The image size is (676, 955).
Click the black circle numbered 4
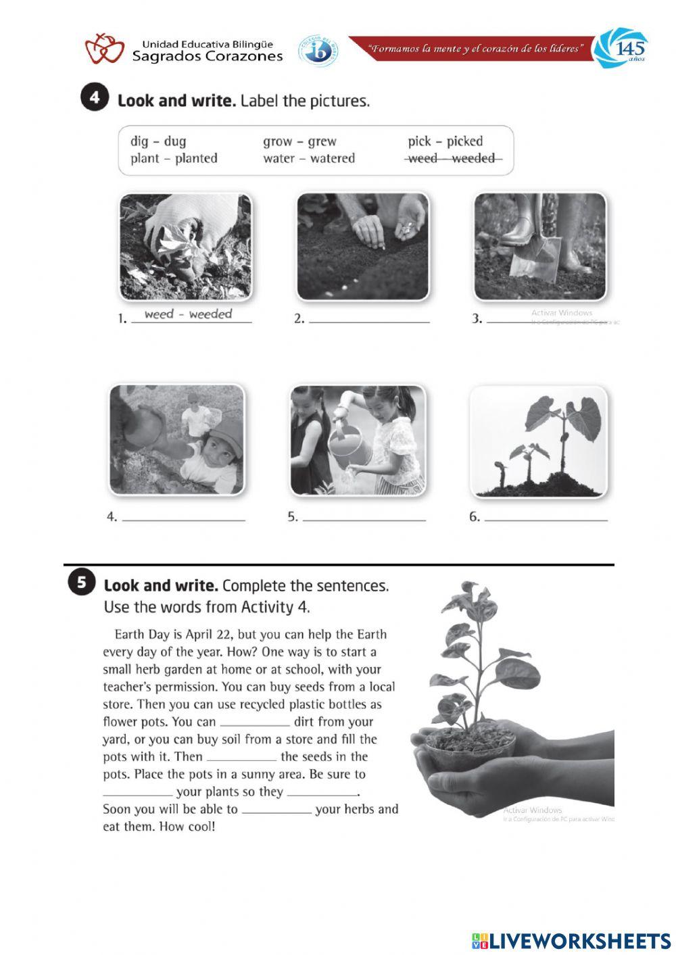pyautogui.click(x=95, y=98)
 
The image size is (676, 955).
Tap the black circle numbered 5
pyautogui.click(x=81, y=583)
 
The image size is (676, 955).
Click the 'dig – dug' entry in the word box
pyautogui.click(x=158, y=141)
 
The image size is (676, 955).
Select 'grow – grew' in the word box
pyautogui.click(x=299, y=141)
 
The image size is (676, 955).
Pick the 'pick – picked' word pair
pyautogui.click(x=445, y=141)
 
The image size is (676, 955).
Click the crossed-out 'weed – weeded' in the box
pyautogui.click(x=453, y=158)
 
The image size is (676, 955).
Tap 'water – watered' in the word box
pyautogui.click(x=309, y=158)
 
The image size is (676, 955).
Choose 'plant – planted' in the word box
pyautogui.click(x=174, y=158)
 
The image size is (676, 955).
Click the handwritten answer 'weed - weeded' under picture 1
pyautogui.click(x=188, y=314)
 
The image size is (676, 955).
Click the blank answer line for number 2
pyautogui.click(x=368, y=320)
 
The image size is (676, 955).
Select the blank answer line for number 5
pyautogui.click(x=364, y=519)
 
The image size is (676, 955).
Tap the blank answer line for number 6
pyautogui.click(x=546, y=519)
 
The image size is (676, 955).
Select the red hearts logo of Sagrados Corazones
pyautogui.click(x=104, y=49)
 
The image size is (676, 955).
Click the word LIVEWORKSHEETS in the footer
pyautogui.click(x=579, y=941)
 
